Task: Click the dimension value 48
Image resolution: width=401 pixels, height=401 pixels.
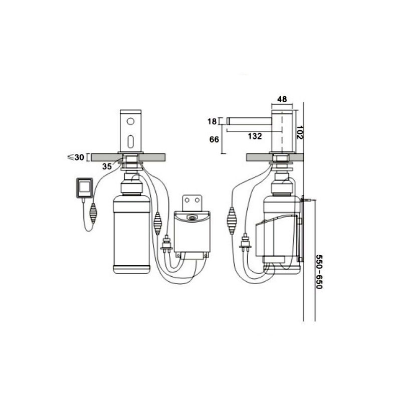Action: click(282, 99)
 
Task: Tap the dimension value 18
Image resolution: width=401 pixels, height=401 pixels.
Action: click(212, 121)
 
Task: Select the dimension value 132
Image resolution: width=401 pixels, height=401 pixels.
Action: click(255, 136)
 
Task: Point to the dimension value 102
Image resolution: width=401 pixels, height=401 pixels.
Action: click(299, 132)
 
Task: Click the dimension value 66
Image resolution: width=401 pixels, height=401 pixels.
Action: click(215, 139)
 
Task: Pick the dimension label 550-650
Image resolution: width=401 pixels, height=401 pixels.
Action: click(319, 272)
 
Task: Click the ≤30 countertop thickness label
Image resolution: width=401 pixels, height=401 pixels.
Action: click(76, 157)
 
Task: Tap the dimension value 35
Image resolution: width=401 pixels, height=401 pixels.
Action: click(107, 166)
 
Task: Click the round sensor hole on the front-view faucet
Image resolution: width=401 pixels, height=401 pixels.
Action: click(130, 121)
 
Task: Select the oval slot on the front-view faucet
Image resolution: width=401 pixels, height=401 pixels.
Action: click(130, 141)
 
